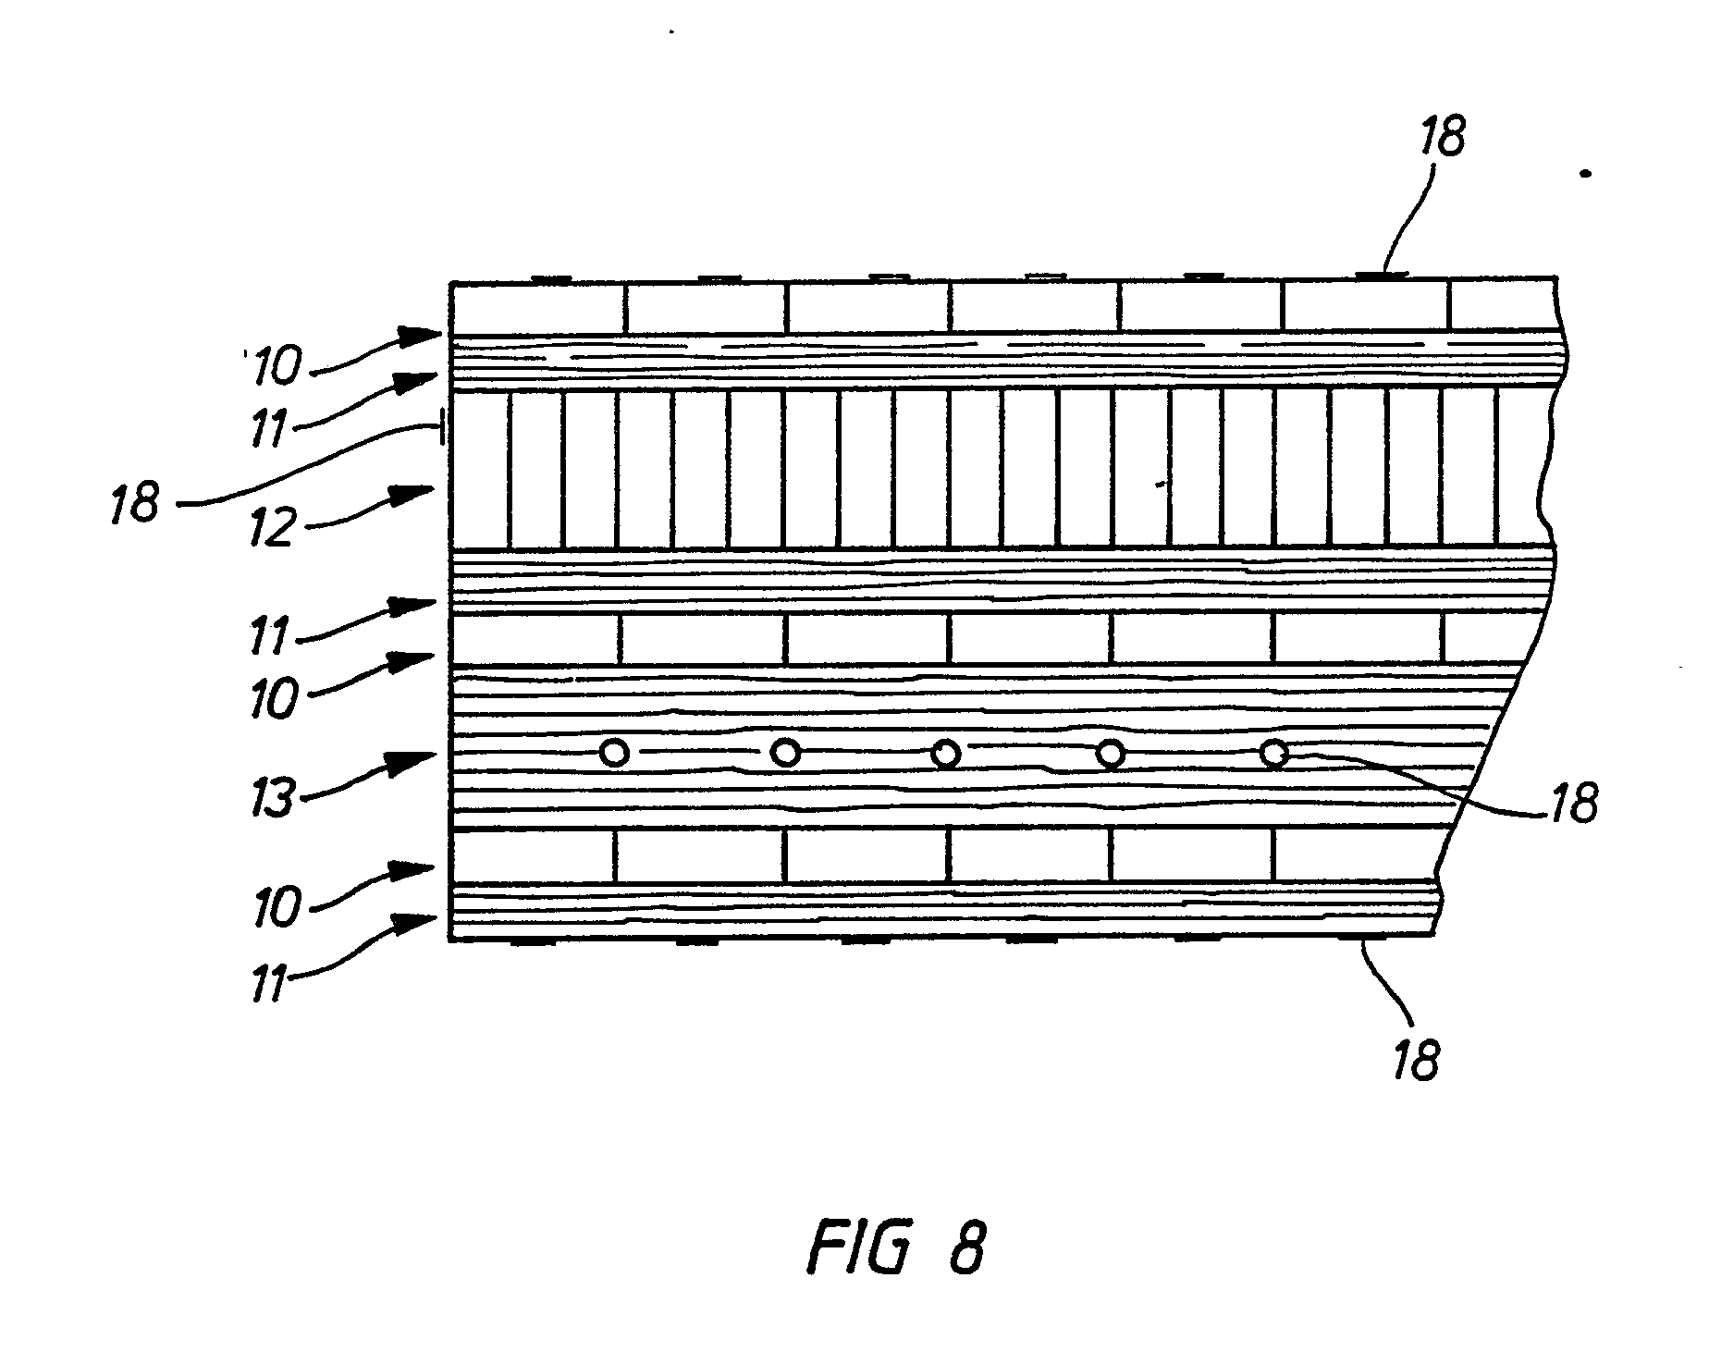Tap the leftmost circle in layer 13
pyautogui.click(x=614, y=753)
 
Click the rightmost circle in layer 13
pyautogui.click(x=1275, y=754)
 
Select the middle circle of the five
pyautogui.click(x=945, y=754)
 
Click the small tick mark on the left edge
pyautogui.click(x=444, y=428)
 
